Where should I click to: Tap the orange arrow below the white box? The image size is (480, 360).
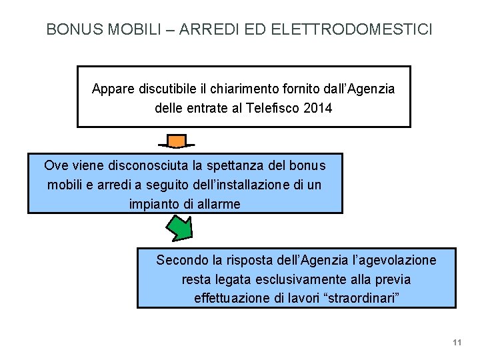click(x=176, y=141)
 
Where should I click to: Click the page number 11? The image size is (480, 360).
click(x=457, y=343)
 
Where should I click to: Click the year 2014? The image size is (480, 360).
click(x=317, y=107)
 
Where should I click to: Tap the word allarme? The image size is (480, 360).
click(x=217, y=204)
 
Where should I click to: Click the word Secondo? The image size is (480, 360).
click(x=181, y=260)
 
